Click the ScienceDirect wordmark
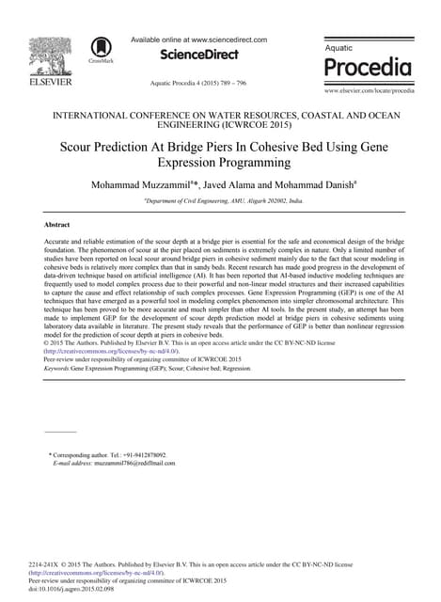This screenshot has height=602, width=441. click(x=198, y=55)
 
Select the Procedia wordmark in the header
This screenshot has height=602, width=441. click(x=368, y=67)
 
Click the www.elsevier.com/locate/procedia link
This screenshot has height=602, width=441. click(x=370, y=90)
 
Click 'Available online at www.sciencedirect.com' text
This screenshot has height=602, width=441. click(x=198, y=40)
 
